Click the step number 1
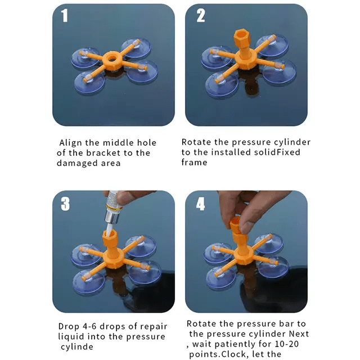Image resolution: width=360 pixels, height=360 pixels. [x=65, y=16]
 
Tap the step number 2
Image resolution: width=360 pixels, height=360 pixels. [x=201, y=16]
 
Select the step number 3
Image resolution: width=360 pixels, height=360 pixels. [x=65, y=204]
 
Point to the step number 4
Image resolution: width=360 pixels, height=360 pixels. [x=201, y=204]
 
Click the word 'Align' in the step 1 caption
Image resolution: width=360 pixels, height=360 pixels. [x=73, y=143]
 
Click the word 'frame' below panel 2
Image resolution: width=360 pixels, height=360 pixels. [x=194, y=163]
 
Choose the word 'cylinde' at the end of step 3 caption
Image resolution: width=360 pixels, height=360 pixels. [x=75, y=346]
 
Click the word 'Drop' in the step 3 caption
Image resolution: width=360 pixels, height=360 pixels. [x=69, y=326]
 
